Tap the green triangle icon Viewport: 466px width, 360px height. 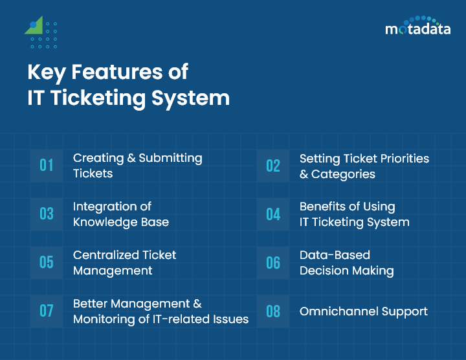pos(35,26)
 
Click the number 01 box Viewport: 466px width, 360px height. pos(47,165)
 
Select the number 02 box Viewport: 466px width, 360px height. pos(273,165)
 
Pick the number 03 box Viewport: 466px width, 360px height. pos(47,214)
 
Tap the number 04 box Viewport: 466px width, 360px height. pos(273,214)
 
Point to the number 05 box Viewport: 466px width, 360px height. pos(47,262)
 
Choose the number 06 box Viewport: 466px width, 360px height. pos(273,262)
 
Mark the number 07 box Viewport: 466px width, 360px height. pos(47,311)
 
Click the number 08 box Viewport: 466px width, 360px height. pos(273,311)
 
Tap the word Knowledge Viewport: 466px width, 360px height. pos(107,222)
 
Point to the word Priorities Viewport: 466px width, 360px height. pos(401,158)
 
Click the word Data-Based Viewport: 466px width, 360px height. pos(335,255)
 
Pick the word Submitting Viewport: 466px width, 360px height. pos(171,158)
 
